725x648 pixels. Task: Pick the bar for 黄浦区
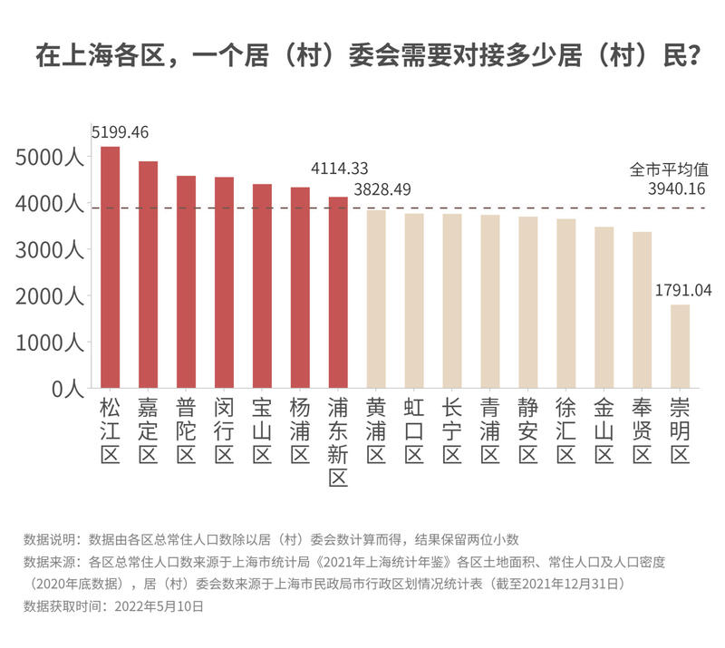(x=376, y=299)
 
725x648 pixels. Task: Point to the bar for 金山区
(x=604, y=307)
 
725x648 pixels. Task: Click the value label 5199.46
(x=120, y=132)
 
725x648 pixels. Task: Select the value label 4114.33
(x=339, y=169)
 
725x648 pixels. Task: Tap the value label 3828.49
(x=382, y=189)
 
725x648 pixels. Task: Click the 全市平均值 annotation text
(x=669, y=169)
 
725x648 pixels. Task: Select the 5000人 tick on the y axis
(x=50, y=158)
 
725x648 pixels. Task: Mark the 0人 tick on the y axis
(x=67, y=389)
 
